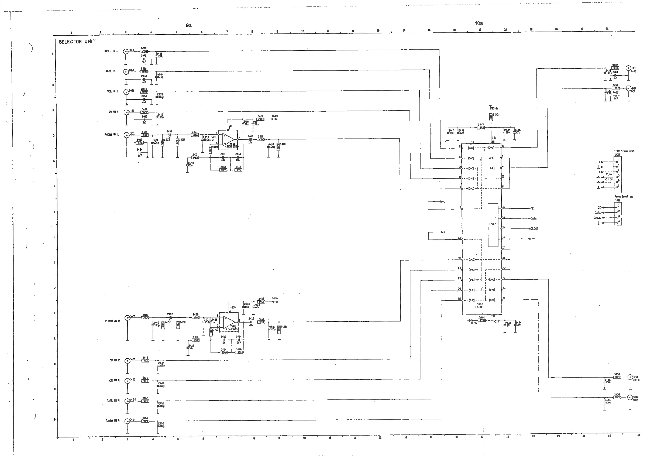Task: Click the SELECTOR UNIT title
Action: click(x=77, y=42)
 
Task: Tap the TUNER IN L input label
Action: click(x=111, y=51)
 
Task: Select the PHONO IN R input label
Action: click(x=113, y=321)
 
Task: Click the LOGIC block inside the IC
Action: click(x=493, y=225)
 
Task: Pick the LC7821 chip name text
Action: click(x=480, y=307)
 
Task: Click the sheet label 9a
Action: click(x=189, y=25)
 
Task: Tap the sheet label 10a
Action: click(x=479, y=23)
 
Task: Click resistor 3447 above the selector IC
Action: click(x=481, y=128)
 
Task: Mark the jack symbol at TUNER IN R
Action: click(x=127, y=421)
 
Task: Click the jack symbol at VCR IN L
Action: click(x=126, y=92)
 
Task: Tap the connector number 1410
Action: click(x=617, y=155)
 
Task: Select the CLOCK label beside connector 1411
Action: click(x=597, y=218)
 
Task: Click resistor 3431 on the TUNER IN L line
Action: click(x=144, y=52)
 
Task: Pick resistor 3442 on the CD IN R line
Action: click(x=146, y=361)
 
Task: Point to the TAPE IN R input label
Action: click(x=113, y=401)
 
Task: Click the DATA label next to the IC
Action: click(x=534, y=218)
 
